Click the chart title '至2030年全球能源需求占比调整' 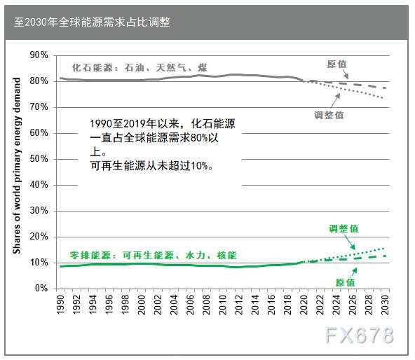[92, 22]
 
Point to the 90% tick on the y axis [39, 55]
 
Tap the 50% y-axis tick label [39, 159]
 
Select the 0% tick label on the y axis [41, 289]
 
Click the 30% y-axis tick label [39, 211]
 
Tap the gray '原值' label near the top [336, 64]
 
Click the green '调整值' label [343, 229]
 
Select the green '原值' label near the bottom [345, 282]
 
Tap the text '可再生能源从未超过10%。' [152, 166]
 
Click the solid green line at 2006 [191, 265]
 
